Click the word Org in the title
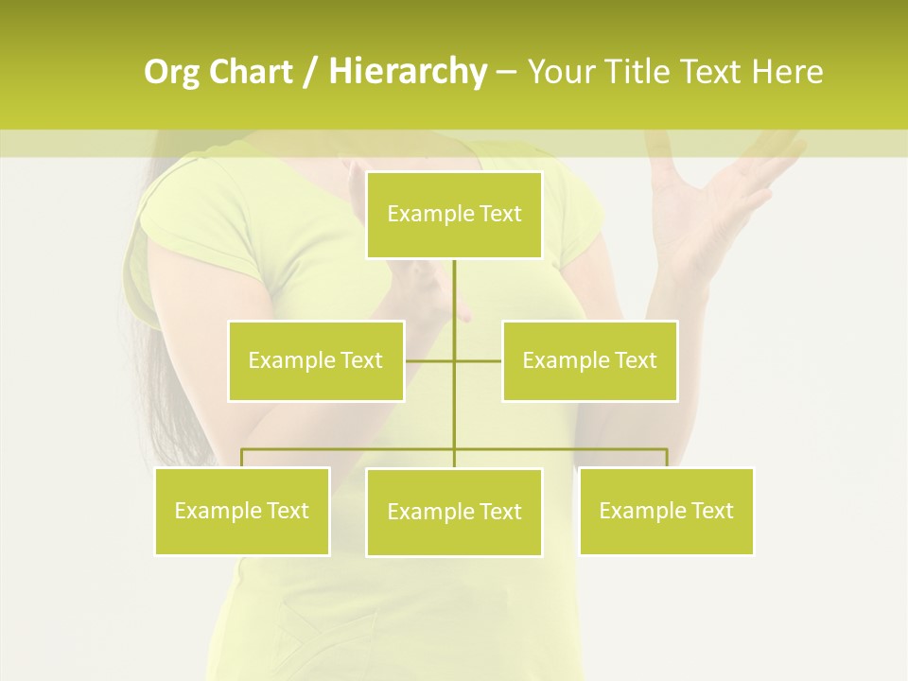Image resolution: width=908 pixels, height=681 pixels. [x=172, y=72]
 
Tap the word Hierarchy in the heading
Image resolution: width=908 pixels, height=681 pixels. [x=407, y=72]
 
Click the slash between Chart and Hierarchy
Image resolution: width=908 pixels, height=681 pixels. [x=310, y=72]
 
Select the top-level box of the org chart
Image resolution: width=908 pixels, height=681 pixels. [x=454, y=215]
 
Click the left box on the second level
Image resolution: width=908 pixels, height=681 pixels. [x=316, y=360]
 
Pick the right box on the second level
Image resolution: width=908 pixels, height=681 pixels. [x=590, y=360]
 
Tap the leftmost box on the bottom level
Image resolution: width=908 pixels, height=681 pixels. [x=242, y=511]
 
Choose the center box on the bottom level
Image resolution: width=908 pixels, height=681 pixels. [x=454, y=512]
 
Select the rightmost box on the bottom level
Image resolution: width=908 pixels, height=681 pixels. [x=667, y=511]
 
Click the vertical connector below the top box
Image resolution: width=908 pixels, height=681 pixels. [x=454, y=303]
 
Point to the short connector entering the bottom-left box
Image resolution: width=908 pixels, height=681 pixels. [x=242, y=458]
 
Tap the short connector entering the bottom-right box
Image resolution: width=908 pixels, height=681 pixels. [x=667, y=458]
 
